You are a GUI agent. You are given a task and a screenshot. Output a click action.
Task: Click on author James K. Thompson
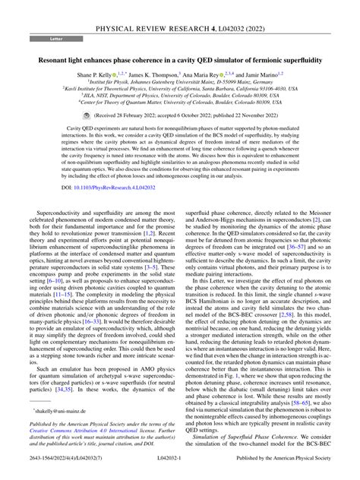[169, 74]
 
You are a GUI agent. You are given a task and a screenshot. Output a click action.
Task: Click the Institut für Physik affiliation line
[180, 83]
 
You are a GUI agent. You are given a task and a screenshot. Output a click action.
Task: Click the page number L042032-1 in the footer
[179, 471]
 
